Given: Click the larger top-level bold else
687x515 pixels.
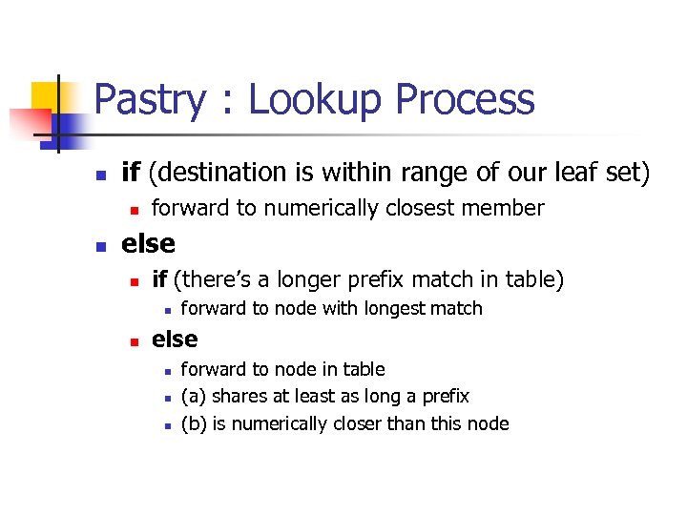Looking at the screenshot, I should coord(148,244).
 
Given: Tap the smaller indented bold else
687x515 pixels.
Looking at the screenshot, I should coord(175,340).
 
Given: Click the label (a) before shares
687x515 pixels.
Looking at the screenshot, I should coord(194,396).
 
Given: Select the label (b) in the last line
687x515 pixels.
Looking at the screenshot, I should coord(194,423).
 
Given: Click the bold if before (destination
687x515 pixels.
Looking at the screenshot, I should coord(131,173).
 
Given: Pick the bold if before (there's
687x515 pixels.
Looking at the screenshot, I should coord(160,279).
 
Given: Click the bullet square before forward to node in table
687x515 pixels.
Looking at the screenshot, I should coord(166,370).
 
